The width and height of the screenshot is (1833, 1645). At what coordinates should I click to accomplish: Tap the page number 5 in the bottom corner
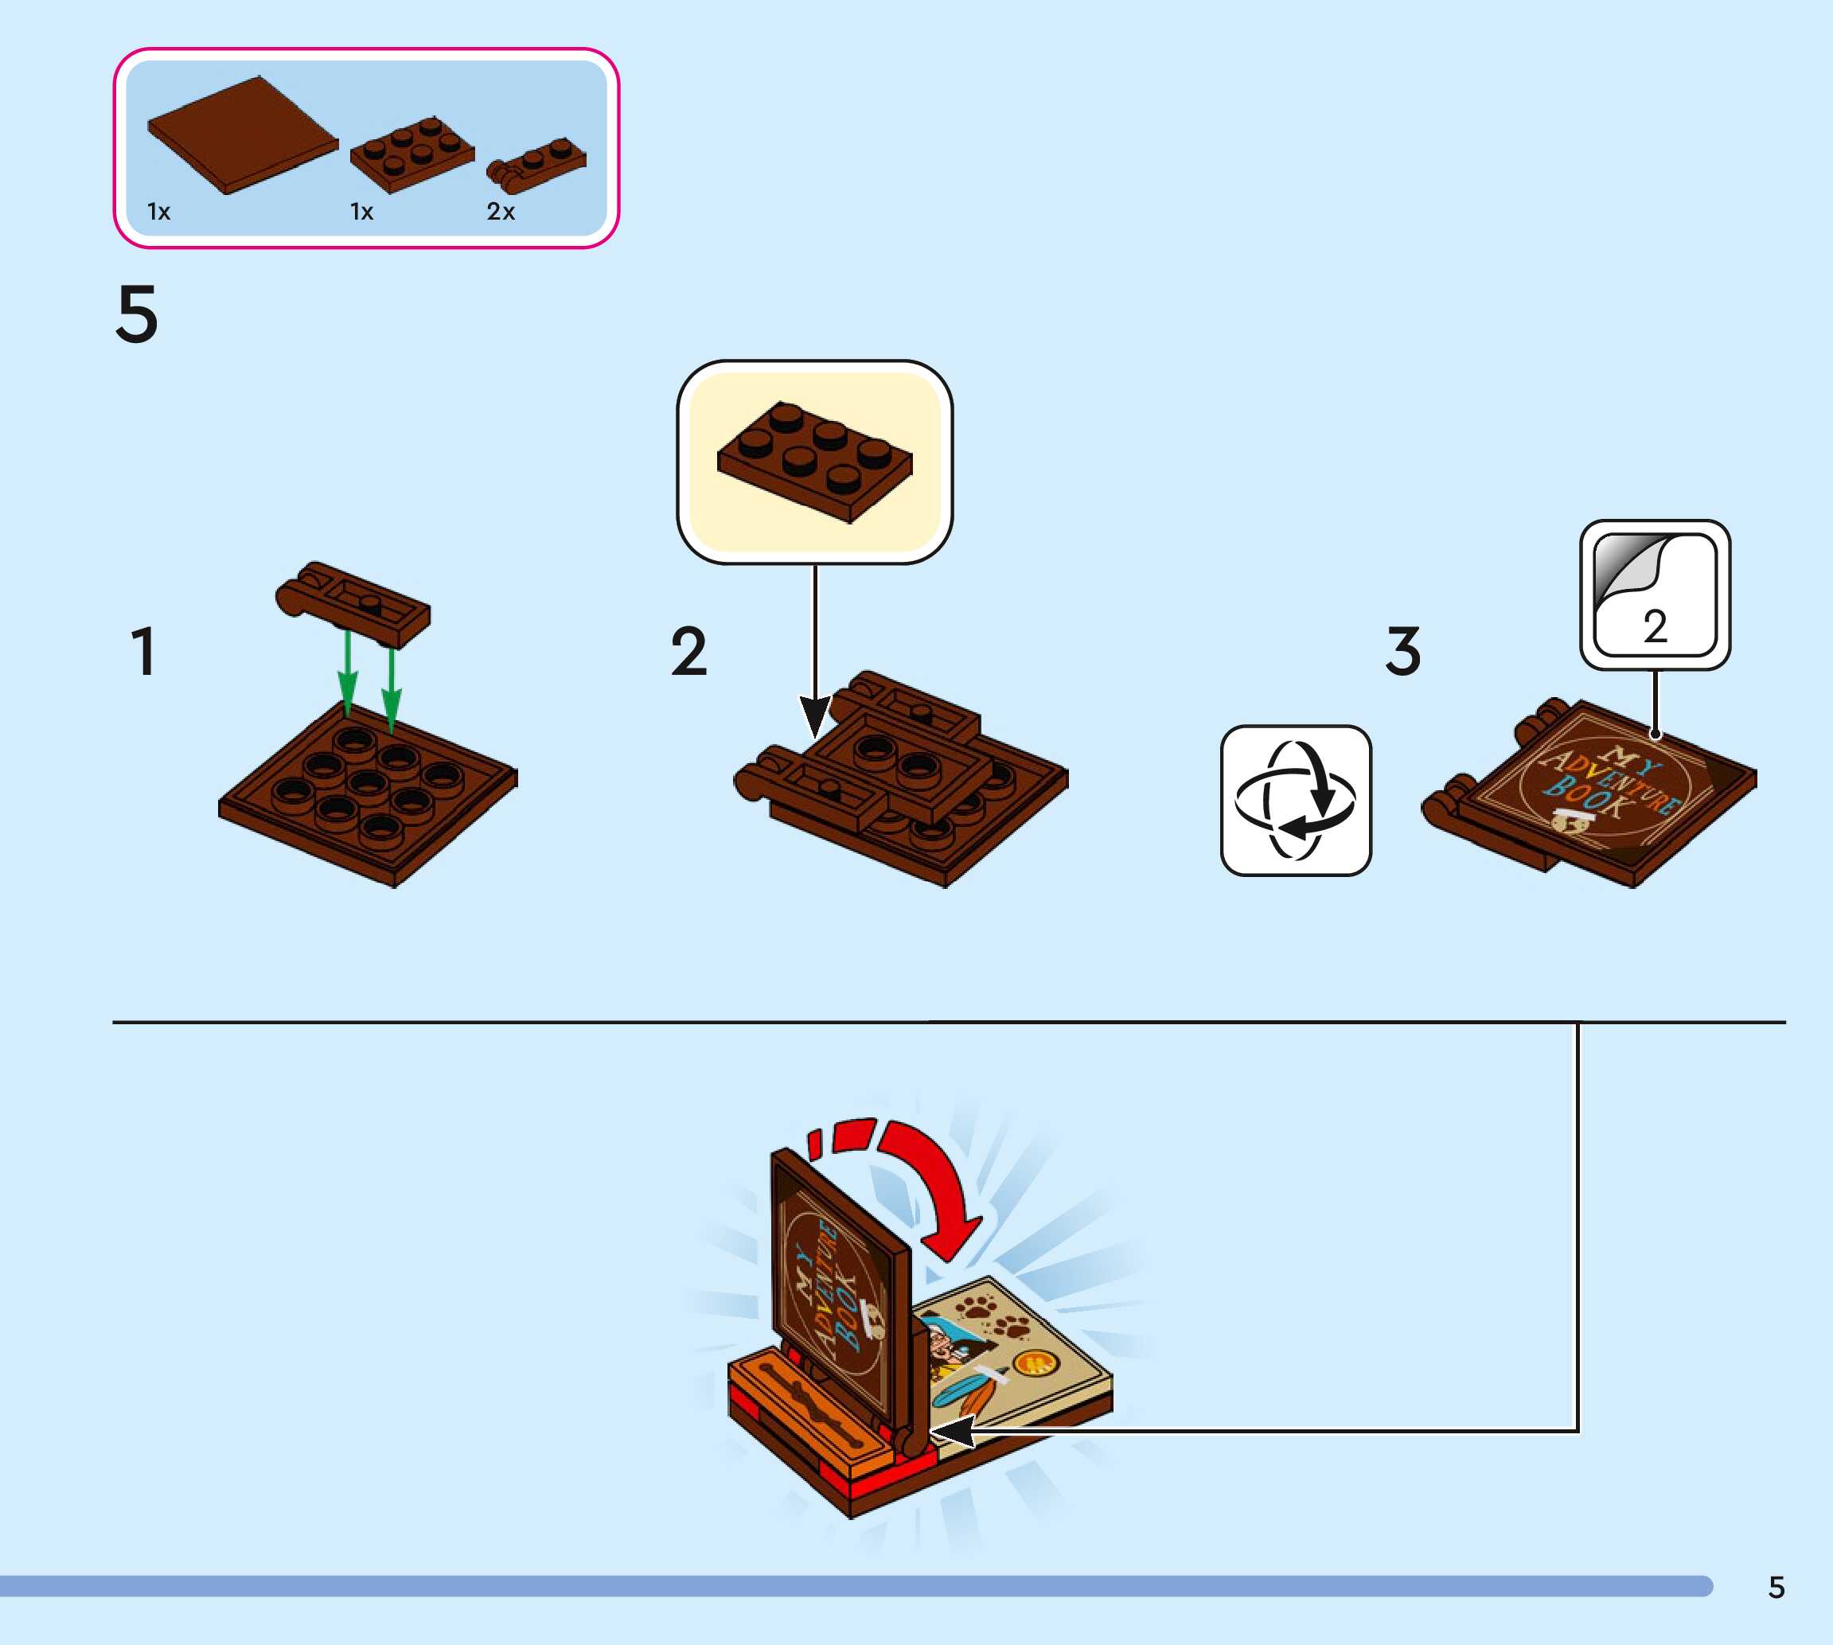1776,1587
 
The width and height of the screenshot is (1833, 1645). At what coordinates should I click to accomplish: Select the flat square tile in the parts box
241,135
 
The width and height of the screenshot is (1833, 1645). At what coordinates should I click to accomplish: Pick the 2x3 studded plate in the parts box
412,154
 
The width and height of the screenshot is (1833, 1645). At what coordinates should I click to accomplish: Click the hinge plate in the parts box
537,166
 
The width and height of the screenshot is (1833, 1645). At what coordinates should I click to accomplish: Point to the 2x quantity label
501,212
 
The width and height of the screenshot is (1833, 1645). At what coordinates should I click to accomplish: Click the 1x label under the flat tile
159,212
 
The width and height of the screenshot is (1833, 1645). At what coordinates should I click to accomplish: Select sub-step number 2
688,651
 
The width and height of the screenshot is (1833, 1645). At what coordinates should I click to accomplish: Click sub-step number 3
1402,651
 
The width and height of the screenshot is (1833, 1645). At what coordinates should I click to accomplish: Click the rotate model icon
1295,800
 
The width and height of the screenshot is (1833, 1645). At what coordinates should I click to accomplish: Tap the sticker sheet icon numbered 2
1654,594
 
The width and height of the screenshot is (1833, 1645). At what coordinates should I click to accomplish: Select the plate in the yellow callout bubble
814,462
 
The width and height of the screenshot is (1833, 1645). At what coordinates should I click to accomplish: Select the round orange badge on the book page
1033,1363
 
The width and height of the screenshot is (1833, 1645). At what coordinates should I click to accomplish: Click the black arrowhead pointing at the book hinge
949,1431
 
